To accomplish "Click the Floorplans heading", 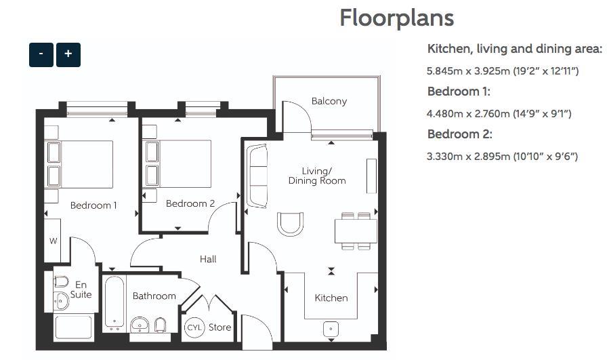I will (396, 18).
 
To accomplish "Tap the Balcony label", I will (329, 101).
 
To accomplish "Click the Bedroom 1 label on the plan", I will (93, 205).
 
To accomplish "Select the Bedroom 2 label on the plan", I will (190, 203).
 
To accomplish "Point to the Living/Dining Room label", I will (316, 176).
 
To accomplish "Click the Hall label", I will (208, 259).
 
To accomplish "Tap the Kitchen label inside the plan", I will (331, 298).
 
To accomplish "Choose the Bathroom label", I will (154, 296).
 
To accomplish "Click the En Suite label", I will (81, 289).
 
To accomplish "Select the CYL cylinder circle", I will (194, 327).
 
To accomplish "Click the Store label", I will (219, 327).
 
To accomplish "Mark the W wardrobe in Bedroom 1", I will (52, 241).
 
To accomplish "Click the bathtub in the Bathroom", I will (114, 302).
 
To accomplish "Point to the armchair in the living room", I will (290, 224).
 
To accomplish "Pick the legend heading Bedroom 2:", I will (459, 134).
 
